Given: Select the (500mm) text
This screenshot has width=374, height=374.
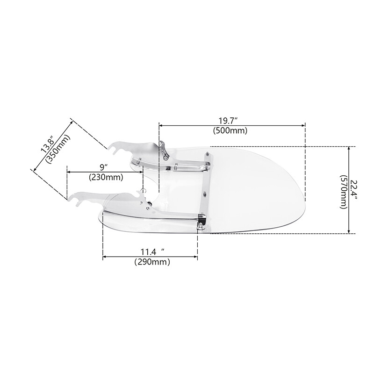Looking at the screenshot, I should coord(230,131).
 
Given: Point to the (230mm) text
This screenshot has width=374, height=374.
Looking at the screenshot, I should coord(106,177).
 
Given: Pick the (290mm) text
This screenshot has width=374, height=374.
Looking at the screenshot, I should coord(152,262).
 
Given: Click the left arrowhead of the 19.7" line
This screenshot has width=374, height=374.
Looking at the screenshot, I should coord(161,125).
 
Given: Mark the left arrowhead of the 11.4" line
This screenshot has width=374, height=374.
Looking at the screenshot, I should coord(105,257).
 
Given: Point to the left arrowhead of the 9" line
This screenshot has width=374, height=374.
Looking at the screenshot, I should coord(69,172).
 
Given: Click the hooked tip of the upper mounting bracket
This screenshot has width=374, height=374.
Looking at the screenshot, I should coord(112,149).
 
